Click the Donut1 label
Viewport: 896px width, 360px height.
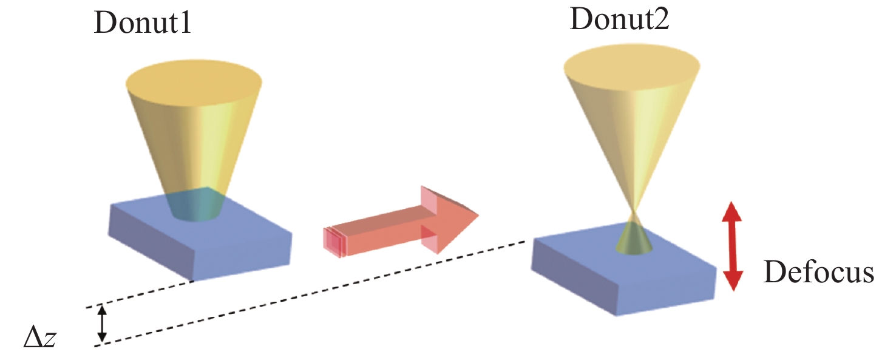click(142, 26)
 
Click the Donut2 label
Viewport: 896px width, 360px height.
click(619, 21)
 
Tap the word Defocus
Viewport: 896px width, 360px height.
click(818, 273)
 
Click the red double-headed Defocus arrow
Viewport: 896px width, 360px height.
click(733, 246)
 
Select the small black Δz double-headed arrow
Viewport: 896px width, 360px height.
click(103, 323)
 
